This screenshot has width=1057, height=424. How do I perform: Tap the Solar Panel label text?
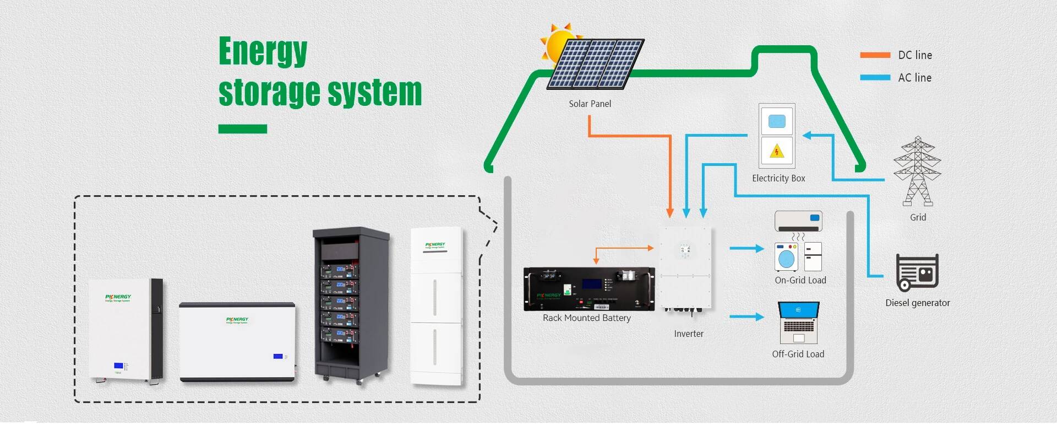(590, 104)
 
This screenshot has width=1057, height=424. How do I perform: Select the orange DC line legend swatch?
(875, 55)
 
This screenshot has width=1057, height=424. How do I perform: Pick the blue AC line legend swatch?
(875, 78)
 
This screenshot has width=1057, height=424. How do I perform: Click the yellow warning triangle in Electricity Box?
(777, 151)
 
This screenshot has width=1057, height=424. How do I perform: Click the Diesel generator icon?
(917, 272)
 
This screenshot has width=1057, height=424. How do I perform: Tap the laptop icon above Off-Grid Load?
(799, 322)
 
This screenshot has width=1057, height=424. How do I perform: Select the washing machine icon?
(787, 257)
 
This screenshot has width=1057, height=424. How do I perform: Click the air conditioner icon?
(798, 221)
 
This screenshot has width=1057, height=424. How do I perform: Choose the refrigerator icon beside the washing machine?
(813, 256)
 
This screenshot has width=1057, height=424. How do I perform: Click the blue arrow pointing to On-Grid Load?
(747, 249)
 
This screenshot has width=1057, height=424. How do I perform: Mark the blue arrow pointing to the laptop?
(747, 317)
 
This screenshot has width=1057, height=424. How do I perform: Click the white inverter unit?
(686, 267)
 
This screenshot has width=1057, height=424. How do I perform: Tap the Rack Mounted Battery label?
(586, 318)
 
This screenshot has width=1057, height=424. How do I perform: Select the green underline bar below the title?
(242, 129)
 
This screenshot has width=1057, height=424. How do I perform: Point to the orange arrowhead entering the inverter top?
(670, 213)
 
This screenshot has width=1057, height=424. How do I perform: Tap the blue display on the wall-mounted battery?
(118, 366)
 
